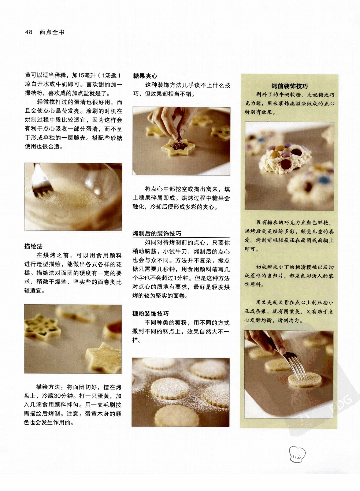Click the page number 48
(29, 32)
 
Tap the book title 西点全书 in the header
(52, 32)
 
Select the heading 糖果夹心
(145, 76)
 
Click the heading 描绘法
(33, 246)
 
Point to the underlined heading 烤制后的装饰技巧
(157, 234)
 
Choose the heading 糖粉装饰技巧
(151, 314)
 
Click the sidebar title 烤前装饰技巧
(290, 86)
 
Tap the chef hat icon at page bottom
(297, 454)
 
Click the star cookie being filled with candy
(178, 146)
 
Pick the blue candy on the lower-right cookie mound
(324, 180)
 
